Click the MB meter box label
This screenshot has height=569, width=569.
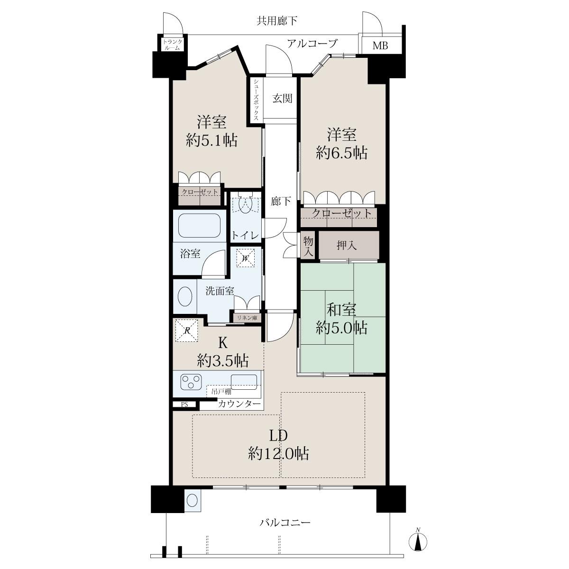[380, 46]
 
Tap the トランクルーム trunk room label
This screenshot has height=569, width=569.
[173, 45]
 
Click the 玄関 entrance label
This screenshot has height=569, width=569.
[283, 98]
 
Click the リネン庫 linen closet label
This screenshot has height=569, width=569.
[247, 318]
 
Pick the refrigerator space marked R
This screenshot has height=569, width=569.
[187, 330]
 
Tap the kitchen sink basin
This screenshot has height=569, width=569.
[244, 382]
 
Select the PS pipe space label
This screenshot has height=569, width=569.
[184, 405]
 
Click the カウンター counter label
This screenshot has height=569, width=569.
[239, 404]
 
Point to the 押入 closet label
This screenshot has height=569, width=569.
[347, 245]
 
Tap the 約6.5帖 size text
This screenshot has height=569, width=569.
[341, 154]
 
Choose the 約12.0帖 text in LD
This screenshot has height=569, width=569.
[279, 454]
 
